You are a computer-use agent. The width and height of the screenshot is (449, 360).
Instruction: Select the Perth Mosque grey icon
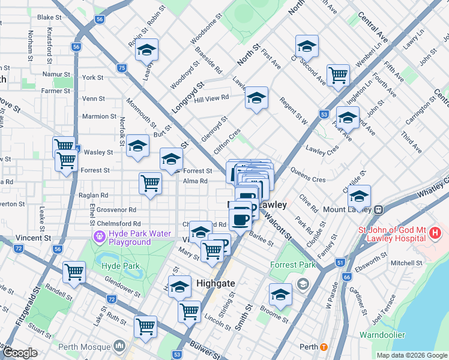click(119, 346)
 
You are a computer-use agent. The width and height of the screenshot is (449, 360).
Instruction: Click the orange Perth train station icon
click(324, 347)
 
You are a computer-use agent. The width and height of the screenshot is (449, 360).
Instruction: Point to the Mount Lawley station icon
click(379, 211)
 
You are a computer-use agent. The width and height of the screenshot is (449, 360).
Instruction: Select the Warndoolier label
click(382, 335)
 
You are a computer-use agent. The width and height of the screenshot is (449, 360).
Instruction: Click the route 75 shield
click(122, 68)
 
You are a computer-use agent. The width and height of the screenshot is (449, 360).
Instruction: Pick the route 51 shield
click(340, 262)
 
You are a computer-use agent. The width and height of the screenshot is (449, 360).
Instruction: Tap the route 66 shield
click(346, 277)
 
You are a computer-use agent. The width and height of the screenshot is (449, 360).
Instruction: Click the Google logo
click(20, 353)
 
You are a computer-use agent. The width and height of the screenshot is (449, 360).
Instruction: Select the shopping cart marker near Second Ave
click(339, 75)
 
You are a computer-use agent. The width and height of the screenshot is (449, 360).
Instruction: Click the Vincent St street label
click(34, 238)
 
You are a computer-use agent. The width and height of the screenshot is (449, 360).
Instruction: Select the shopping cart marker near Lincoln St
click(190, 311)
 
